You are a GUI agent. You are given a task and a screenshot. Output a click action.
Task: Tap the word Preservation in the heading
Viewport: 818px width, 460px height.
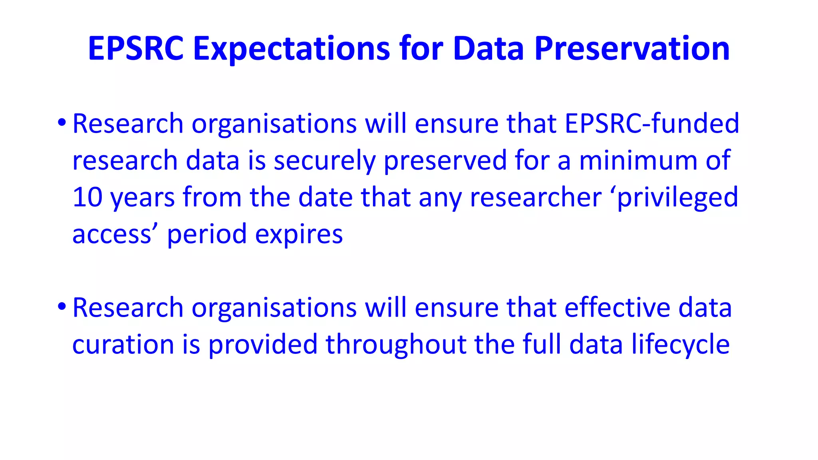[x=632, y=49]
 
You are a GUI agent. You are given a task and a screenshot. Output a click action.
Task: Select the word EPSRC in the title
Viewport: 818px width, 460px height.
[x=136, y=49]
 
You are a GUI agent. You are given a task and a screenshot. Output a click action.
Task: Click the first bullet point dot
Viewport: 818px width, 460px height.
[x=61, y=122]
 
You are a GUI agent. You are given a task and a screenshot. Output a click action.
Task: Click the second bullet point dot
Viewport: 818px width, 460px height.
[x=61, y=306]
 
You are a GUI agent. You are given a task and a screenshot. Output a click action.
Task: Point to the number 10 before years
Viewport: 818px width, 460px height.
[x=87, y=197]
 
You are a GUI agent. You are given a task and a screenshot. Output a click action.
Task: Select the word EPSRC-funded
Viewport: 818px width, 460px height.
[x=652, y=123]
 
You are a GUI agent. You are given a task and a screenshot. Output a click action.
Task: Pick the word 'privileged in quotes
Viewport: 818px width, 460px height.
[x=673, y=198]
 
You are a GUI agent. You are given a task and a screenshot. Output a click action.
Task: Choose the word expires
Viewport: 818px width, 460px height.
[x=299, y=234]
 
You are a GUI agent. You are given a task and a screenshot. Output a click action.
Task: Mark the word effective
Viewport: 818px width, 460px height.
[x=617, y=307]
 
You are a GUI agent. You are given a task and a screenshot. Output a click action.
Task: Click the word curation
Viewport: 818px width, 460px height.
[x=123, y=344]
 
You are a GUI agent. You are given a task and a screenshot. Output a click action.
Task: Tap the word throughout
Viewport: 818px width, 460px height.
[x=396, y=345]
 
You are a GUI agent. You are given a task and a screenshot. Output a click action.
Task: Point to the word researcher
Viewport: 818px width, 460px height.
[x=535, y=197]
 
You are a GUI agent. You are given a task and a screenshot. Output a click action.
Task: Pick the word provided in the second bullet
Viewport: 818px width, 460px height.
[x=263, y=344]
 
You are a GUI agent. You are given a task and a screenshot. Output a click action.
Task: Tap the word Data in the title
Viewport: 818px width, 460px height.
[x=488, y=49]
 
